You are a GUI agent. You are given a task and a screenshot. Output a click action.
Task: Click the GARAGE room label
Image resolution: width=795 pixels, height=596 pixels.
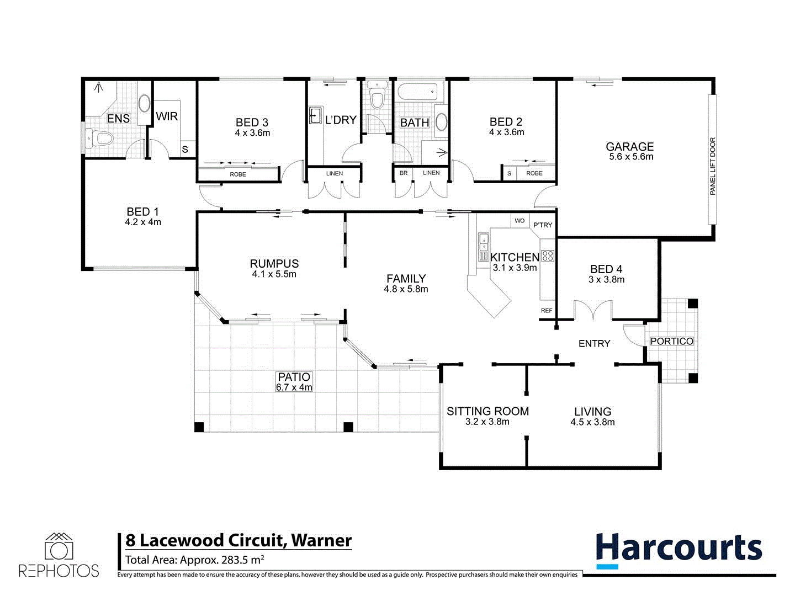629,147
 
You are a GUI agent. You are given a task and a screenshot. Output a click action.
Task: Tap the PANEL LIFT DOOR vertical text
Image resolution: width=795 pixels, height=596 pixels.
712,166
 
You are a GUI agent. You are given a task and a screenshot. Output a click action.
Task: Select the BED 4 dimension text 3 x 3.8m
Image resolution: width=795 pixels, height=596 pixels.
606,280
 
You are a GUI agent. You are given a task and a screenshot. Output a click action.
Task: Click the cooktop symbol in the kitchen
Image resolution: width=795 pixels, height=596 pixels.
548,256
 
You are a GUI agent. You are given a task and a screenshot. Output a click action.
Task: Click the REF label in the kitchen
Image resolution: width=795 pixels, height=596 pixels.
546,311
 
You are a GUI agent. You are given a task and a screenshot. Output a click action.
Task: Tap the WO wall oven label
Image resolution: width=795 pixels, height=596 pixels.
520,221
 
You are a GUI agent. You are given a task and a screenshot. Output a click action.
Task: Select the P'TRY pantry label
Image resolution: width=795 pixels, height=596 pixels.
542,225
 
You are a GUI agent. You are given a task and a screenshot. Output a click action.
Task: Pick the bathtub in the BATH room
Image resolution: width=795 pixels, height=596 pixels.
417,91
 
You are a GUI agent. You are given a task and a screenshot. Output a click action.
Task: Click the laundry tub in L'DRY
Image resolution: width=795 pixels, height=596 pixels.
315,115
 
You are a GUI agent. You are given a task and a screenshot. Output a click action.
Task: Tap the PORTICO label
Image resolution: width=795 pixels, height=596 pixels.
671,342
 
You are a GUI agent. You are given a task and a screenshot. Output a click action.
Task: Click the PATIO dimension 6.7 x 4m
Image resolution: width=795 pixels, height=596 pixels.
294,387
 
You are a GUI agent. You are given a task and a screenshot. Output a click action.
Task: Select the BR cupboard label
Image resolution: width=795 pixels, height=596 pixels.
404,173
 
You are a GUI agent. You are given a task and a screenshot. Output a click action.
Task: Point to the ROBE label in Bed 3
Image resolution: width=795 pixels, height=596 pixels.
238,174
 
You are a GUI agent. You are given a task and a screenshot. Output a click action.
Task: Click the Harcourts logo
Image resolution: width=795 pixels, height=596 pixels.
679,550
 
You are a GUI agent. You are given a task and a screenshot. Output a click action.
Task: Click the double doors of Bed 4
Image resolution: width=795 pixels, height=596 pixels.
592,311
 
